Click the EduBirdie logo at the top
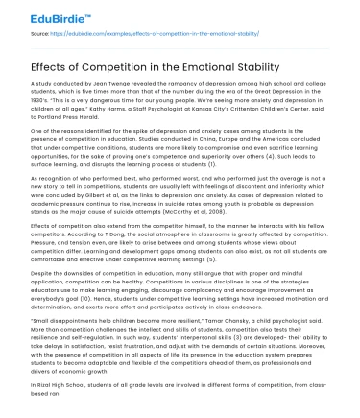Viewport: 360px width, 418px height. pos(45,16)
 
